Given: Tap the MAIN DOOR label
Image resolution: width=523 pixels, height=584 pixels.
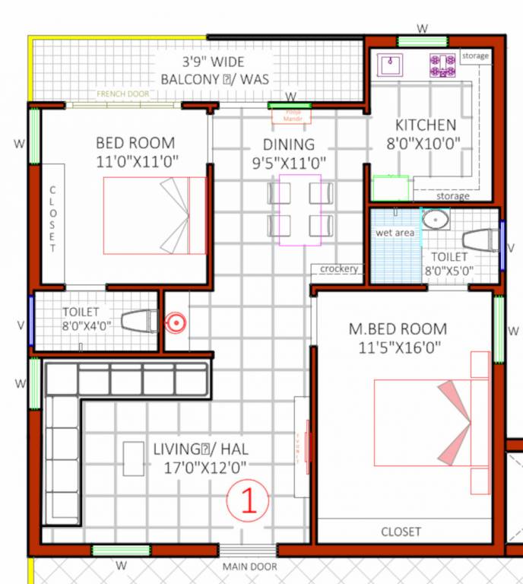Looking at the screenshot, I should (249, 567).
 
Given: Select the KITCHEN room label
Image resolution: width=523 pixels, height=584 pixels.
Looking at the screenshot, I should (426, 125).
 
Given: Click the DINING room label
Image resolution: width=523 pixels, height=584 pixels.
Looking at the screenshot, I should (288, 144).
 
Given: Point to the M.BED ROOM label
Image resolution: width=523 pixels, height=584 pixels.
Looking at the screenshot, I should (398, 329).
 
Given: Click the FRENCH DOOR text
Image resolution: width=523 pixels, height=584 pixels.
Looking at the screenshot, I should (122, 94).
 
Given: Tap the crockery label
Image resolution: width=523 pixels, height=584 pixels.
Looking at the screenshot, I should (339, 269).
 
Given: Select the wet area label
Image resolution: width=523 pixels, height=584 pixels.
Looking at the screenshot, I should (395, 233).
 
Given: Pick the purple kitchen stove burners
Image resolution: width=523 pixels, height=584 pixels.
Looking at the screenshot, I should (442, 65).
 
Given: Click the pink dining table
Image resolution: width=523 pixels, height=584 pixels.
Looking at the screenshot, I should (300, 210).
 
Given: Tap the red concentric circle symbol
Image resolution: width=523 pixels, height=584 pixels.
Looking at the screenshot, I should (175, 323).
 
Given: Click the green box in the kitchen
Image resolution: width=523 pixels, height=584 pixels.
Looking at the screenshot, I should (391, 188).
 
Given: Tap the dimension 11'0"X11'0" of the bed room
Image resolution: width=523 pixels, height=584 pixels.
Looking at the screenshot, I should (135, 161).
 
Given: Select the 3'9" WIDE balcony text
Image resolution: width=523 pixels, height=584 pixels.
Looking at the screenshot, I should (201, 61).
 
